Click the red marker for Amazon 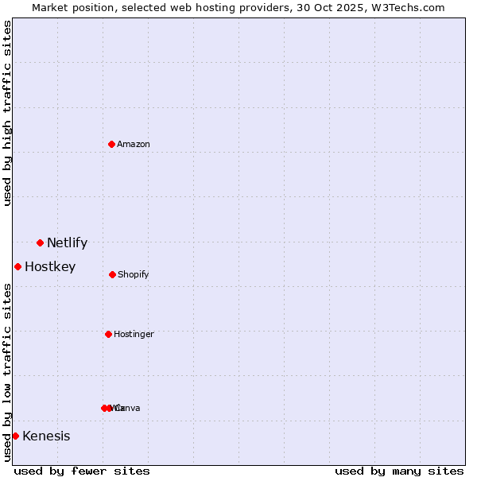[x=111, y=144]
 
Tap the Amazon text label [x=134, y=145]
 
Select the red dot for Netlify [x=40, y=242]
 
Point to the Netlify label [x=67, y=243]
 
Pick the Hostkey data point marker [x=17, y=266]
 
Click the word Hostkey [x=50, y=267]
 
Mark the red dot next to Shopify [x=112, y=274]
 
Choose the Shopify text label [x=134, y=275]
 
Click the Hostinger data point [x=108, y=334]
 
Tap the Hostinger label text [x=134, y=335]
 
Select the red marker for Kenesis [x=15, y=436]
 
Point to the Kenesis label [x=46, y=436]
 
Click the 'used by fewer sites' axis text [x=82, y=471]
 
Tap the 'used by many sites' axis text [x=399, y=471]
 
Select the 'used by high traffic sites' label [x=8, y=113]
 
